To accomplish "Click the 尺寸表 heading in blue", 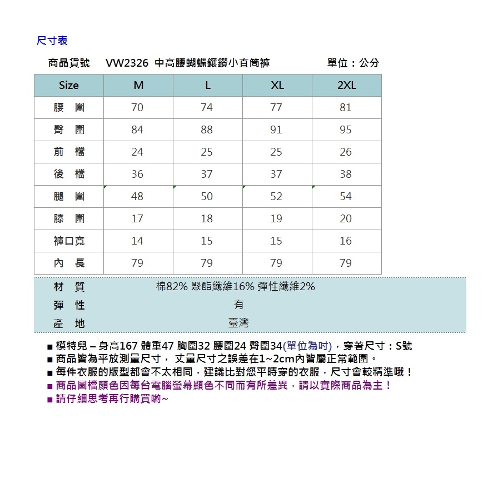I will click(52, 41).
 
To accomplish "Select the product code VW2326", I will click(127, 63).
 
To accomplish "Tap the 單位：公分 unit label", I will click(353, 63).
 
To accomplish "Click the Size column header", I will click(69, 85).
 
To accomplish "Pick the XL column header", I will click(277, 85).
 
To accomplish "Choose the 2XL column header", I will click(346, 85).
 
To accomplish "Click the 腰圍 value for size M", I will click(137, 107).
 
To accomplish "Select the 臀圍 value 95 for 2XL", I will click(346, 130).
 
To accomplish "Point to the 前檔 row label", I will click(69, 152).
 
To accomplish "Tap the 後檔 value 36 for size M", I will click(137, 174).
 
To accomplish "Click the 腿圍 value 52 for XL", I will click(276, 196).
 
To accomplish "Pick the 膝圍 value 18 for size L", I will click(207, 218).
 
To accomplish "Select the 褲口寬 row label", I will click(69, 241).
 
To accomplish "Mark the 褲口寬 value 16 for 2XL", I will click(346, 241).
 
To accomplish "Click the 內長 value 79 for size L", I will click(207, 263).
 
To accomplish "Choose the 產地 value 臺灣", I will click(238, 323).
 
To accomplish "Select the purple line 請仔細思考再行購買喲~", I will click(111, 399).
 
